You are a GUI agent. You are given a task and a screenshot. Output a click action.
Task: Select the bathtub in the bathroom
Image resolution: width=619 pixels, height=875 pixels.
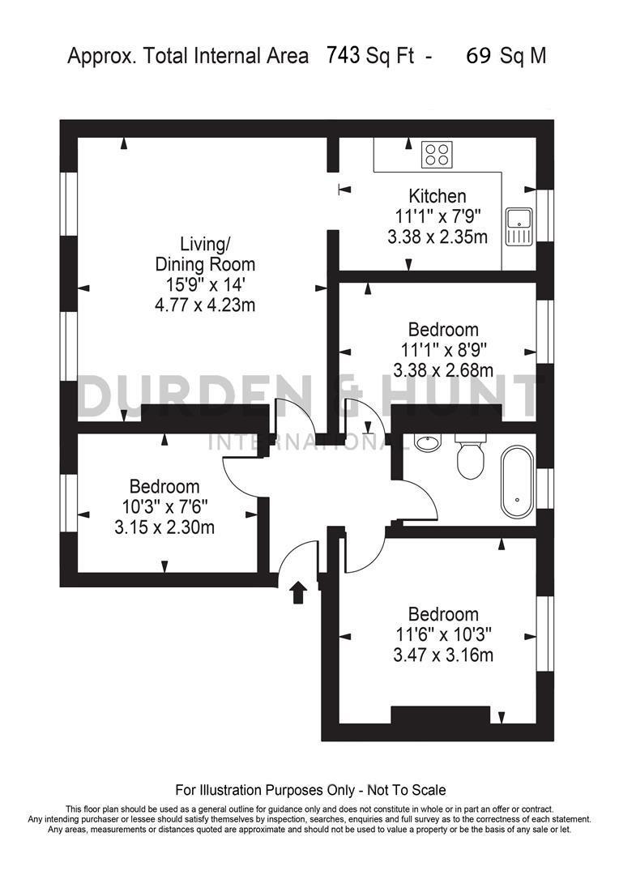[517, 484]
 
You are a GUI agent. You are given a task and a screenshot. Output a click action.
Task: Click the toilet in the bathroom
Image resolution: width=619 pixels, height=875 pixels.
[470, 457]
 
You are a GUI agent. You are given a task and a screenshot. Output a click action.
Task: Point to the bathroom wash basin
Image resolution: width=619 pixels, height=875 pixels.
[426, 442]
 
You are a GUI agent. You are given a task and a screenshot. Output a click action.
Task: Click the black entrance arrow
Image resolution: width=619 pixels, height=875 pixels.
[297, 593]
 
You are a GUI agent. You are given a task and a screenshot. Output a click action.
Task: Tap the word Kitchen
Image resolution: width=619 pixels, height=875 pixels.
[438, 196]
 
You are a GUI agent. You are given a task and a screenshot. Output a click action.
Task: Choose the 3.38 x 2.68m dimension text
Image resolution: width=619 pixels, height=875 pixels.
[443, 370]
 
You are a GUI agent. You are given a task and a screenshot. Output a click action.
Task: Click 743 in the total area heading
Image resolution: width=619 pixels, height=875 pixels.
[344, 56]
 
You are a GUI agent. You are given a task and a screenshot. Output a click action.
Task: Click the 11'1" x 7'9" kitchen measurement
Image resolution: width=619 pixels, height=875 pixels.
[438, 216]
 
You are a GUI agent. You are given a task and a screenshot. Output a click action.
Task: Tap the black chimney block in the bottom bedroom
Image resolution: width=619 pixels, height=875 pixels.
[441, 715]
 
